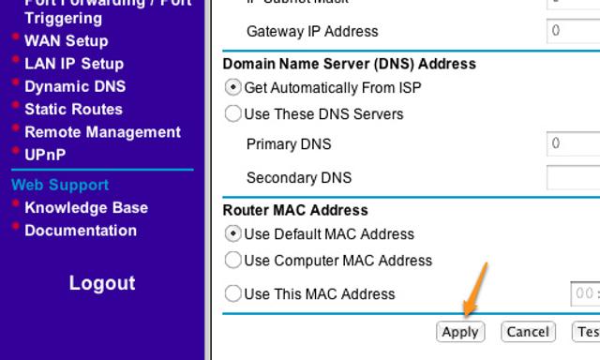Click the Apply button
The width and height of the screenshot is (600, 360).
(460, 332)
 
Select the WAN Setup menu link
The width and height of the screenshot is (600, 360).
(66, 41)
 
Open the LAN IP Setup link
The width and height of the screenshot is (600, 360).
(73, 64)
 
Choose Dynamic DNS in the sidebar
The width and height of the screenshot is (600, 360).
(74, 86)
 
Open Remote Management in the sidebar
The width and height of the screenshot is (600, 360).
(102, 132)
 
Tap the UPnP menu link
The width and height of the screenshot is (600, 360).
(45, 155)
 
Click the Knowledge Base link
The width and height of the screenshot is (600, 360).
(85, 208)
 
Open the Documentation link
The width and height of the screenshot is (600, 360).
(80, 231)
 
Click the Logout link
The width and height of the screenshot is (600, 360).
(102, 283)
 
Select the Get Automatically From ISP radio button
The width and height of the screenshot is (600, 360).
(233, 88)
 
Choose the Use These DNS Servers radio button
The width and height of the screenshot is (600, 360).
(233, 114)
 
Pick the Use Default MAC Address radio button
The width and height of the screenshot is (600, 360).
(233, 234)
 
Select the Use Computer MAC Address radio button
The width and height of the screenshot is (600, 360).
(233, 261)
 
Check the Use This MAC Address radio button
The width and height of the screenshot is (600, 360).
(233, 294)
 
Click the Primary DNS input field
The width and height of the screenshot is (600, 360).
(574, 144)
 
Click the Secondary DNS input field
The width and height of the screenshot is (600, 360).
(574, 178)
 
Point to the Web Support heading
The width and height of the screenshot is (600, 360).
(60, 185)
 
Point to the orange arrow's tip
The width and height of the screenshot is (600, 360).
(465, 316)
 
